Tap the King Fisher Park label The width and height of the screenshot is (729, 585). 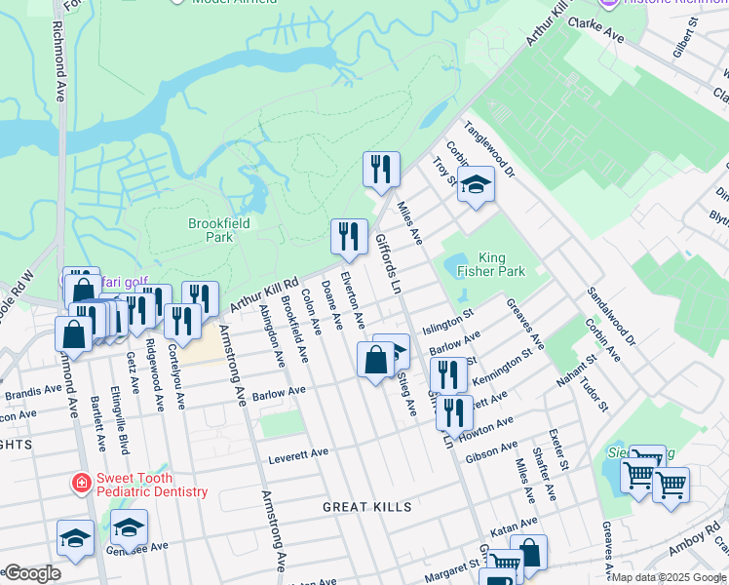pos(492,264)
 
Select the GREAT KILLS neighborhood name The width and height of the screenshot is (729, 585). pos(367,507)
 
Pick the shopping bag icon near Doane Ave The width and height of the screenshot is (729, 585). pos(375,360)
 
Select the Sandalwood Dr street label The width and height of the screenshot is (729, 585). pos(610,317)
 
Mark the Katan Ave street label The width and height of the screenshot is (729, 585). pos(515,526)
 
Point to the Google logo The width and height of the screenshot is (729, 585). pos(31,573)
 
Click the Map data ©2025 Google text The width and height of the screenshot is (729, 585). pos(669,577)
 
